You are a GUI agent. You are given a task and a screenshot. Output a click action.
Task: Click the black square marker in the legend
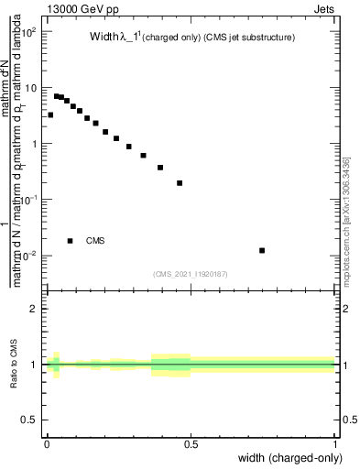click(71, 241)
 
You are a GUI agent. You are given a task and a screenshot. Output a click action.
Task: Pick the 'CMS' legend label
click(95, 241)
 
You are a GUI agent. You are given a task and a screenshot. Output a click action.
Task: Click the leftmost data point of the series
click(50, 115)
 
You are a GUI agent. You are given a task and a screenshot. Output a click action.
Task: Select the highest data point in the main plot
click(56, 95)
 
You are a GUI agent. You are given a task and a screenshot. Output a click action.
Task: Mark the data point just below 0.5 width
click(180, 182)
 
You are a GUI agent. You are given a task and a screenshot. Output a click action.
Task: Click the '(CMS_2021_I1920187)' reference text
click(191, 272)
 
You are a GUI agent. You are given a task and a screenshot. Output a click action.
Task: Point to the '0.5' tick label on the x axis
click(191, 444)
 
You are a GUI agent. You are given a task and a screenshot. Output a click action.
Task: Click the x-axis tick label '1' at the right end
click(336, 444)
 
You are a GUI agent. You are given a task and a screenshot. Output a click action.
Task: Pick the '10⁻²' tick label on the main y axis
click(27, 256)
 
